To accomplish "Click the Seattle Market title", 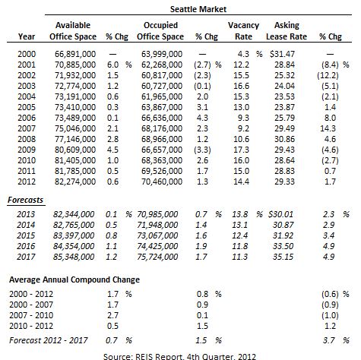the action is [x=198, y=9].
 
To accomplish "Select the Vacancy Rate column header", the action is [x=243, y=31].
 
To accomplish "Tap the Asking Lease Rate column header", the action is [x=287, y=31].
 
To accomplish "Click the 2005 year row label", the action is [x=27, y=107].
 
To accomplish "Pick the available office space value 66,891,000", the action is [x=75, y=54].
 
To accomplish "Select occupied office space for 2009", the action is [x=162, y=150].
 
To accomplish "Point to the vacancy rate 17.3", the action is [x=241, y=150].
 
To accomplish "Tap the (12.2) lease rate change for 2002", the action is [x=328, y=75].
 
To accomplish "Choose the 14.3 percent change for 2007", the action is [x=328, y=128].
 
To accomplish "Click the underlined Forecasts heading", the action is [x=25, y=200].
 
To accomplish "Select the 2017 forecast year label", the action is [x=26, y=257].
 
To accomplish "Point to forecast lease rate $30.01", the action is [x=280, y=214].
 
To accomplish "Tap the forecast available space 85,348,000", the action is [x=74, y=257].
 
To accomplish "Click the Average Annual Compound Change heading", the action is [x=74, y=279].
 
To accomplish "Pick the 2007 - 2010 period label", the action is [x=31, y=315].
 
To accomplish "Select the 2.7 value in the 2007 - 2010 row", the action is [x=112, y=315].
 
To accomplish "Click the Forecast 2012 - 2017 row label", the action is [x=49, y=340].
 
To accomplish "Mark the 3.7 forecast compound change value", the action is [x=328, y=340].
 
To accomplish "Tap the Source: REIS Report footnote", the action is [x=179, y=356].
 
